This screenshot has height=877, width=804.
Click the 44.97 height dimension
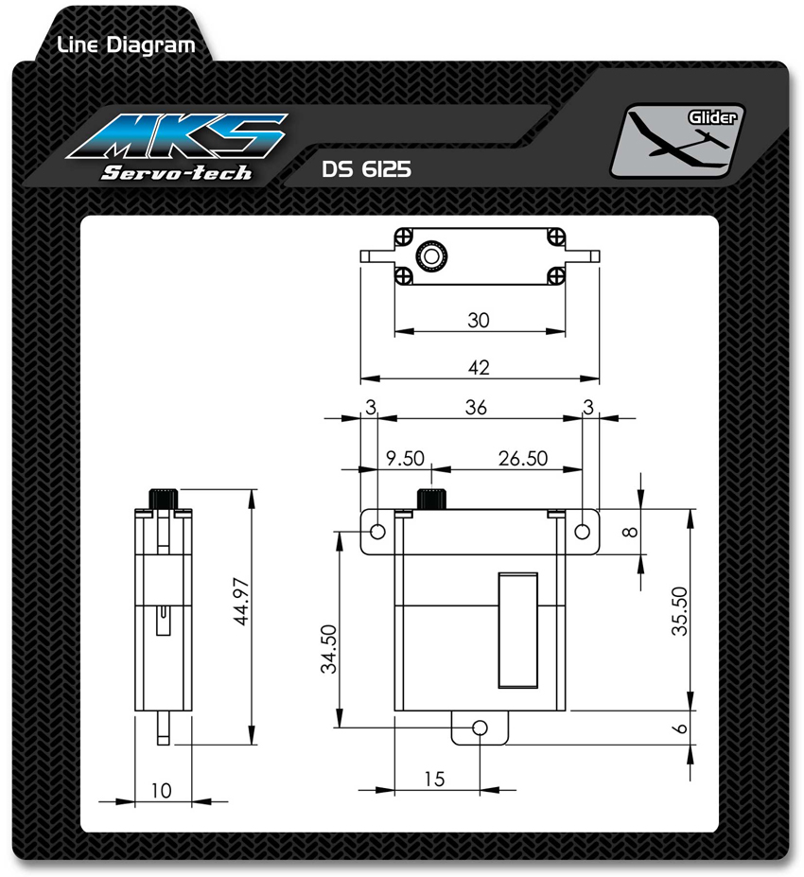241,602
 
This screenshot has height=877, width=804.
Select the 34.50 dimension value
329,649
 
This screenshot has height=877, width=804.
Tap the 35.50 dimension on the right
679,611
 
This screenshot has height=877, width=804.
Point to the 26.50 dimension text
523,459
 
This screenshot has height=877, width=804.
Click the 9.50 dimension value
406,459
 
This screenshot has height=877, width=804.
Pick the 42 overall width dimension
479,367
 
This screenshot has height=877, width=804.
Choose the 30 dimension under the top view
479,321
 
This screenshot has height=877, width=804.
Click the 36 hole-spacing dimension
476,407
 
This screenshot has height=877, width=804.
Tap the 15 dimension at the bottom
434,780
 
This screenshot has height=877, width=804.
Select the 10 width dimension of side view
161,790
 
